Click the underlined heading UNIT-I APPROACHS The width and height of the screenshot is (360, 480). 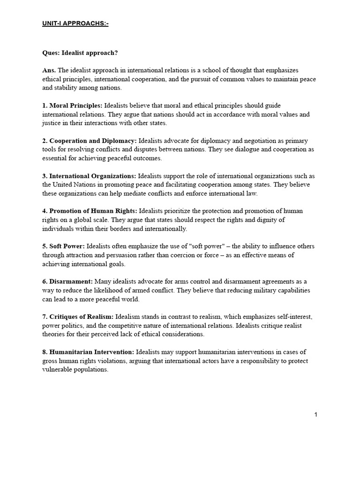pyautogui.click(x=75, y=23)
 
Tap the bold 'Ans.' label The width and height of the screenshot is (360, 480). pyautogui.click(x=49, y=70)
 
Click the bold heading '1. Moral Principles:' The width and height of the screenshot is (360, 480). pyautogui.click(x=72, y=105)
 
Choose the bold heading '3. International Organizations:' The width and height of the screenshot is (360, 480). pyautogui.click(x=89, y=176)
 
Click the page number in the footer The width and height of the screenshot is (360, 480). pyautogui.click(x=316, y=414)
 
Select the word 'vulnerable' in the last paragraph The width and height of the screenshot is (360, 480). pyautogui.click(x=57, y=369)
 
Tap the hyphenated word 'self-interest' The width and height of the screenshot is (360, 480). pyautogui.click(x=298, y=316)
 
